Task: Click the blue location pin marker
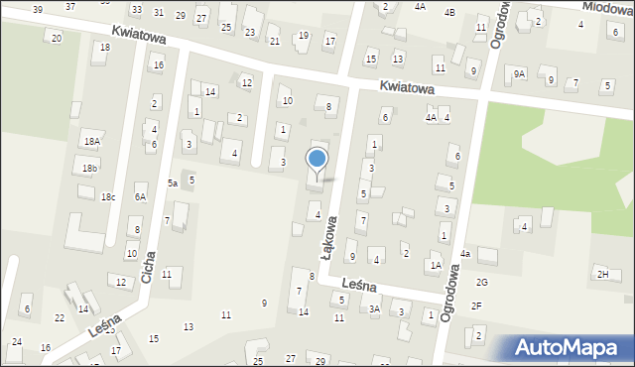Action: pyautogui.click(x=317, y=162)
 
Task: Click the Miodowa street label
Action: pyautogui.click(x=607, y=7)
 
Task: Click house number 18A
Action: pyautogui.click(x=91, y=142)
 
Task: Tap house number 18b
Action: pyautogui.click(x=90, y=169)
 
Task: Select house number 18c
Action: pyautogui.click(x=107, y=197)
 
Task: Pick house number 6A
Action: pyautogui.click(x=141, y=197)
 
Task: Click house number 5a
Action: pyautogui.click(x=172, y=183)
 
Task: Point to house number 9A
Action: pyautogui.click(x=519, y=73)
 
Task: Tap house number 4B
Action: pyautogui.click(x=449, y=12)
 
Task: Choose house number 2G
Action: pyautogui.click(x=482, y=283)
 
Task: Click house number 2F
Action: pyautogui.click(x=476, y=306)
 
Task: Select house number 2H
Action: pyautogui.click(x=601, y=274)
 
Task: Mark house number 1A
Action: pyautogui.click(x=436, y=265)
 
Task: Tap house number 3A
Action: pyautogui.click(x=374, y=309)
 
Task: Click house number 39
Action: pyautogui.click(x=37, y=9)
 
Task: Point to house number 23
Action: pyautogui.click(x=250, y=32)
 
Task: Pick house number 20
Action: pyautogui.click(x=56, y=38)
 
